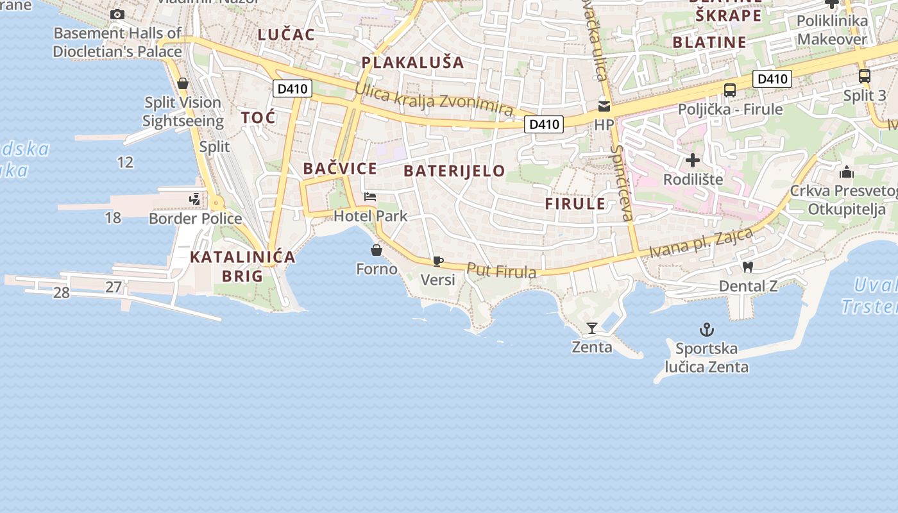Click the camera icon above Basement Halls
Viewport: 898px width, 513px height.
117,14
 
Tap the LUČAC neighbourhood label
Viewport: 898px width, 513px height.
286,35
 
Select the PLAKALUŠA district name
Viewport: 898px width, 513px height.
412,62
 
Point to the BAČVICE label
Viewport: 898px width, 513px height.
339,169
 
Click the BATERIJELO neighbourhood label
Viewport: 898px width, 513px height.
454,171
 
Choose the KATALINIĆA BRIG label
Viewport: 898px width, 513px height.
242,267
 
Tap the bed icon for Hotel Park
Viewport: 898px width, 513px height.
370,197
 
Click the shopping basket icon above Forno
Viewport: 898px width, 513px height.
377,250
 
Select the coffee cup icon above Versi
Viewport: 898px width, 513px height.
437,261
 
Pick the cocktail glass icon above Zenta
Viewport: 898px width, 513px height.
591,328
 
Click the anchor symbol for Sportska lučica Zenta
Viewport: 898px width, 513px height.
706,330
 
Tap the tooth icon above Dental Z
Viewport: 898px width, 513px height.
747,267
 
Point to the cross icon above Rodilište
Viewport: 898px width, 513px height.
693,160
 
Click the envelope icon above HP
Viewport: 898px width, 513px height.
604,106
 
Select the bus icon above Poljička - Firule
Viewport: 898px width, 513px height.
730,90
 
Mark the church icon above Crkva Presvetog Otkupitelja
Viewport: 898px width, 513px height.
847,172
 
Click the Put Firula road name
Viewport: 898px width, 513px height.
501,271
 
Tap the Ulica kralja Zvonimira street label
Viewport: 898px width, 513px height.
434,100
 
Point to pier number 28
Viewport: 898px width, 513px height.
61,293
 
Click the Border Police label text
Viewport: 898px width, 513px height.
195,219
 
